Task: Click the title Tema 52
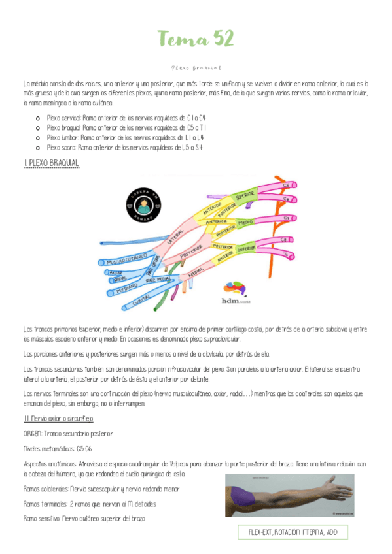pyautogui.click(x=196, y=40)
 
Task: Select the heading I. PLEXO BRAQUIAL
pyautogui.click(x=50, y=162)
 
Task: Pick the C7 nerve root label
pyautogui.click(x=287, y=218)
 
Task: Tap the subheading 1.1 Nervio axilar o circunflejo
pyautogui.click(x=58, y=418)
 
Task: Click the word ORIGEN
pyautogui.click(x=33, y=433)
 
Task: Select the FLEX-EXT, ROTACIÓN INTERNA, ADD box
pyautogui.click(x=293, y=532)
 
